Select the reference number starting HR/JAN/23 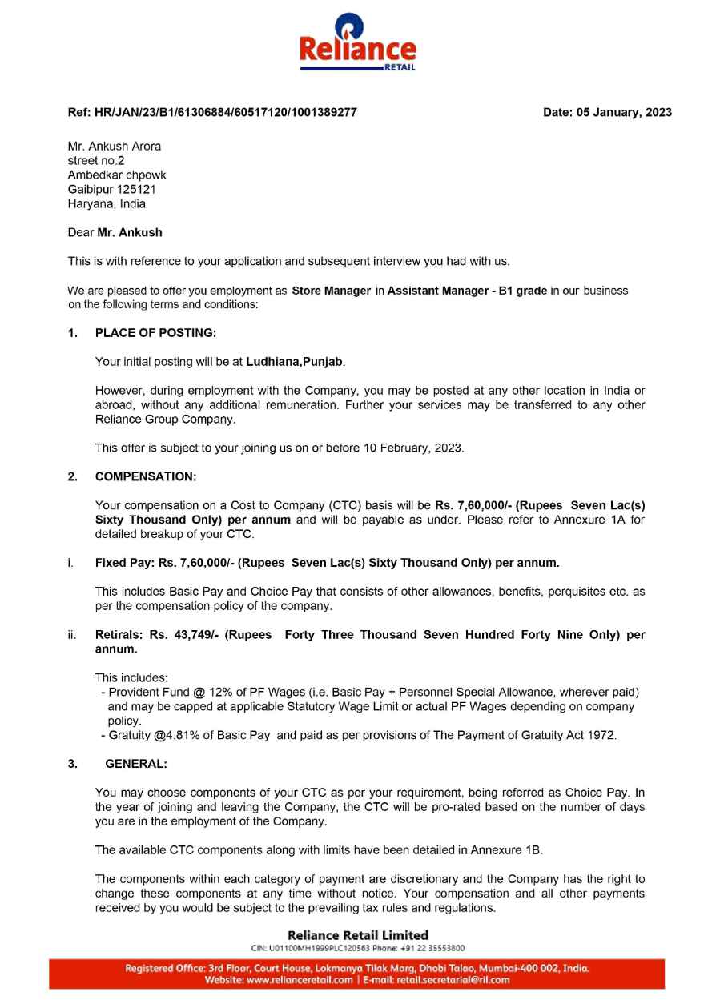coord(226,112)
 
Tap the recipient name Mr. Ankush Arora coord(115,146)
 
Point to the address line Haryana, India coord(107,203)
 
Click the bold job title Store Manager coord(332,291)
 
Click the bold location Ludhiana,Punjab coord(295,362)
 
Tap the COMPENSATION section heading coord(145,476)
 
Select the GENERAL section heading coord(136,764)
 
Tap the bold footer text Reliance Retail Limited coord(357,934)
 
